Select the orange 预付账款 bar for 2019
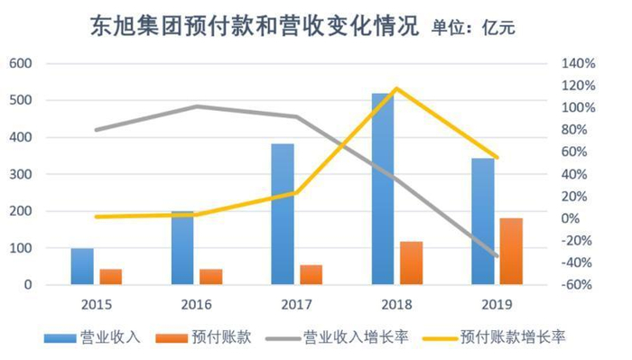pos(510,252)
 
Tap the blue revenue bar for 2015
pos(82,267)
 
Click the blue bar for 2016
pos(182,249)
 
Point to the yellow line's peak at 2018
pos(395,88)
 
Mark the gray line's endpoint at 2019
pos(497,255)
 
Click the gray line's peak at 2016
pos(196,106)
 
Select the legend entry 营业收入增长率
pos(356,337)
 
